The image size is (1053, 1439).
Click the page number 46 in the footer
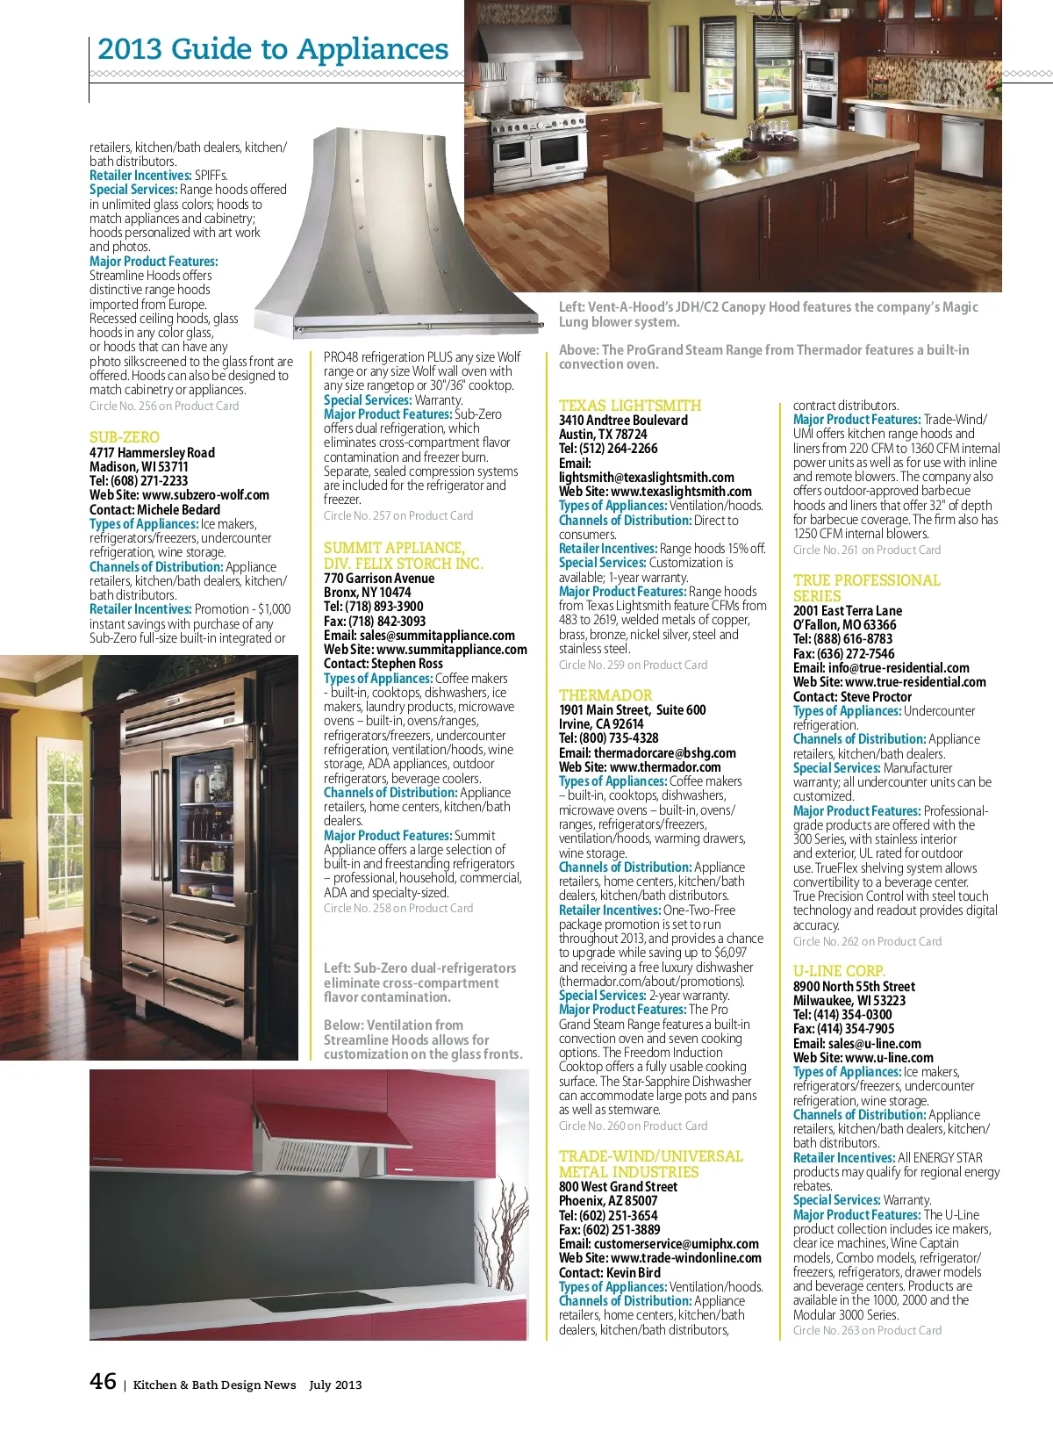(x=103, y=1382)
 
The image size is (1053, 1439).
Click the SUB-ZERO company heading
(x=125, y=437)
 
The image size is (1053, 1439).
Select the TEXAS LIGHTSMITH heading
(x=630, y=406)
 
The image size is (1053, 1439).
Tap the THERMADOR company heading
(x=605, y=695)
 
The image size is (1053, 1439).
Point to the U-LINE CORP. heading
(x=839, y=971)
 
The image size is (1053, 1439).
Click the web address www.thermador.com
(x=665, y=767)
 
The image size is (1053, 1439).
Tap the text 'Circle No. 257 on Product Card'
(x=398, y=516)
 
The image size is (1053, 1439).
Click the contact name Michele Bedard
(x=180, y=510)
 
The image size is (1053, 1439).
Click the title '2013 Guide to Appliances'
(x=273, y=49)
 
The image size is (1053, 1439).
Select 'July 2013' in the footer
(x=335, y=1385)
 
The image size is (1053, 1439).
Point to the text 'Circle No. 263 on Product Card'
(x=867, y=1331)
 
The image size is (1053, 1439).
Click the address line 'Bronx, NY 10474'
(x=368, y=593)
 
